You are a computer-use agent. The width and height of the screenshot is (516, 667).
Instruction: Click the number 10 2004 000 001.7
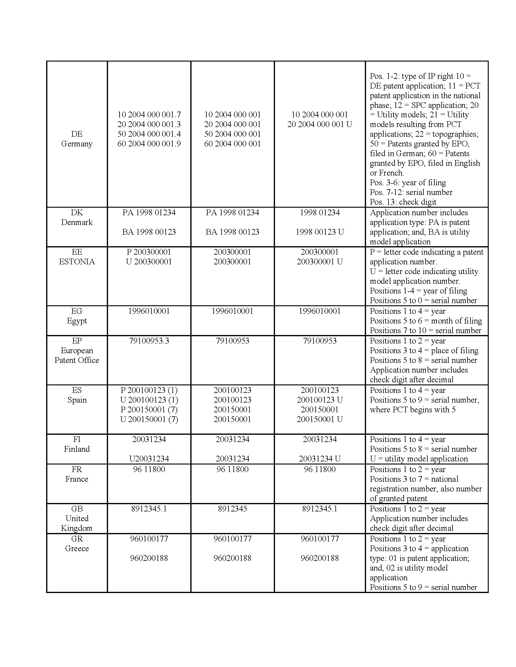click(x=149, y=115)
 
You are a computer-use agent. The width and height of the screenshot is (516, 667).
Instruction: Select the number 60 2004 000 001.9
click(x=149, y=143)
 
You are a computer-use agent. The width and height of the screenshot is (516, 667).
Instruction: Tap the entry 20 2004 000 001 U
click(x=319, y=124)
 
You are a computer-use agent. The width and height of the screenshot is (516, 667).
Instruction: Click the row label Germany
click(x=77, y=143)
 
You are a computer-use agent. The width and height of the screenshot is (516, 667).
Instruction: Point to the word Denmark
click(x=77, y=222)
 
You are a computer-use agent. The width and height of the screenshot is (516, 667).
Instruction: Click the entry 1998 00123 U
click(x=319, y=232)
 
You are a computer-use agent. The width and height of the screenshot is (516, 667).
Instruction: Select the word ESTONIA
click(x=77, y=262)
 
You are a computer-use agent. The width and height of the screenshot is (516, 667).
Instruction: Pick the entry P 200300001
click(x=149, y=252)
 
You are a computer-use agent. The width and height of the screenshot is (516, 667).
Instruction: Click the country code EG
click(x=77, y=311)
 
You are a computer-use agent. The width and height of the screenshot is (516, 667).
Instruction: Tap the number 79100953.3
click(x=149, y=341)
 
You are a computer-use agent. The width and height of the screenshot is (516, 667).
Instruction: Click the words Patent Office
click(x=77, y=360)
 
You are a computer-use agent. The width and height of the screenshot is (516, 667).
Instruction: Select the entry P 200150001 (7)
click(x=149, y=410)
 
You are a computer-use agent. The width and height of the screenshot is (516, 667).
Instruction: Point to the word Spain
click(x=77, y=400)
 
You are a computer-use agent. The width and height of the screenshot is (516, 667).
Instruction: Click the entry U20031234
click(x=149, y=458)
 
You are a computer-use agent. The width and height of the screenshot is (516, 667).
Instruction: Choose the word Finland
click(x=77, y=449)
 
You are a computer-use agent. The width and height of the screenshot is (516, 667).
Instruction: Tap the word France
click(x=77, y=479)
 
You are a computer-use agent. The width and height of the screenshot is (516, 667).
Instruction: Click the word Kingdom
click(x=77, y=528)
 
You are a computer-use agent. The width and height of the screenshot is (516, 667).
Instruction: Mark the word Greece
click(x=77, y=548)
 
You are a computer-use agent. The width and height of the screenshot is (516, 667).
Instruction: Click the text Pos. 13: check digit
click(x=402, y=202)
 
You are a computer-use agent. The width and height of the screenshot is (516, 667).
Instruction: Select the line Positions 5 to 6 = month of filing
click(x=426, y=321)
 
